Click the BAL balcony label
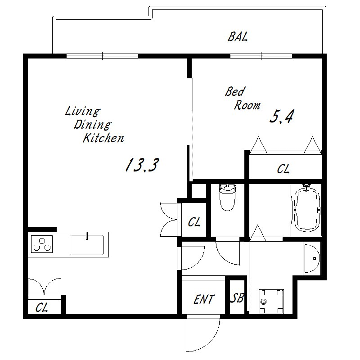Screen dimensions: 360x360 coord(238,37)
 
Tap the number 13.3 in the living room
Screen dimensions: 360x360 coord(142,165)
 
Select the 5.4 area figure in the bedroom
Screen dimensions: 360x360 coord(282,117)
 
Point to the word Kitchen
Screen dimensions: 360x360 coord(103,138)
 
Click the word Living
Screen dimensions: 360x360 coord(83,111)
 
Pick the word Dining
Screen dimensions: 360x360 coord(92,125)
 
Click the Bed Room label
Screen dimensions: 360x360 coord(242,98)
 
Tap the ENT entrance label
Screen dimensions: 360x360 coord(204,299)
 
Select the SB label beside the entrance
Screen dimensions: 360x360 coord(237,298)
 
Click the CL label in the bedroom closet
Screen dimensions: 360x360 coord(283,169)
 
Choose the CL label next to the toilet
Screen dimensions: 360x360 coord(194,222)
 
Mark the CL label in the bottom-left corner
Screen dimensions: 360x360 coord(42,308)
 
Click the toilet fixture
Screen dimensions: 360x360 coord(227,197)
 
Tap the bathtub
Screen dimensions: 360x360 coord(306,208)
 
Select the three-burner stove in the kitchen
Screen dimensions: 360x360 coord(42,244)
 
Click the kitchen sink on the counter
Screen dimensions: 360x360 coord(87,245)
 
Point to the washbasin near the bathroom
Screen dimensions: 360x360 coord(312,259)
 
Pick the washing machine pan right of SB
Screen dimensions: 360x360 coord(271,301)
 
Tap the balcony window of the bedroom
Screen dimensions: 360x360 coord(261,56)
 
